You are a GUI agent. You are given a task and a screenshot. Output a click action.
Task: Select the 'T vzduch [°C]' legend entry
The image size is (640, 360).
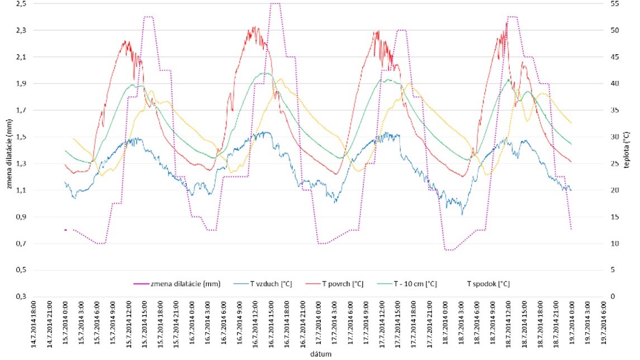pos(274,284)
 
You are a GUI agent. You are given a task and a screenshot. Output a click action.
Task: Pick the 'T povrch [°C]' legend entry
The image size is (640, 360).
pos(342,284)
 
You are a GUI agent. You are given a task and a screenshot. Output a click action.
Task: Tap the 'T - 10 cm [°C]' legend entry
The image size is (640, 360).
pos(413,284)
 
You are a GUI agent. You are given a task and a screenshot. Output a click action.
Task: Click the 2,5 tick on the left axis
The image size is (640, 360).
pos(21,4)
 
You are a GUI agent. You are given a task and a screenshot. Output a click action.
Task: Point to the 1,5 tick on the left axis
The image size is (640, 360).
pos(21,137)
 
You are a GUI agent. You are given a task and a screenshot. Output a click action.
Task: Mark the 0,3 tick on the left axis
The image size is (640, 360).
pos(21,297)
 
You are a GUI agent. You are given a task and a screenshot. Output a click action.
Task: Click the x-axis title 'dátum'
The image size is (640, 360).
pos(319,353)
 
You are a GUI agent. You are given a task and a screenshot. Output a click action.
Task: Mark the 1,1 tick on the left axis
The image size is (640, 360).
pos(21,191)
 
